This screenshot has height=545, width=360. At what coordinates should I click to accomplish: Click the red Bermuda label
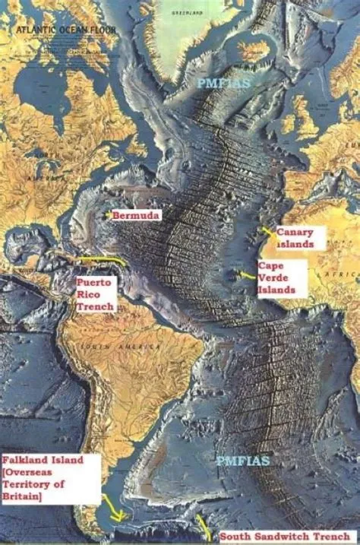pyautogui.click(x=136, y=216)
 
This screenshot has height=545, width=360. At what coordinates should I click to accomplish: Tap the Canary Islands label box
pyautogui.click(x=300, y=238)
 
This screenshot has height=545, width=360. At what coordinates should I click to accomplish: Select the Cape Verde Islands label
pyautogui.click(x=281, y=278)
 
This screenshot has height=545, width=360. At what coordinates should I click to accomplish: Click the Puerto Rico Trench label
pyautogui.click(x=94, y=293)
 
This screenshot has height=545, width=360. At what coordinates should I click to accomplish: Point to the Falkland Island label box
pyautogui.click(x=50, y=478)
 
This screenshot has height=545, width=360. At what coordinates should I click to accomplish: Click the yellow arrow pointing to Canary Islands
pyautogui.click(x=266, y=230)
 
